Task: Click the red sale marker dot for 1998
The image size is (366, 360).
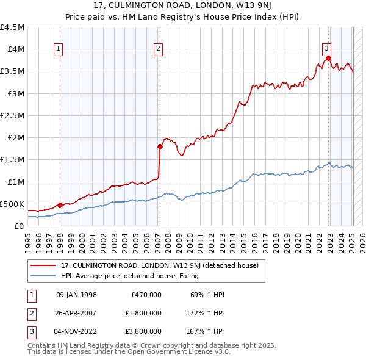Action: point(60,205)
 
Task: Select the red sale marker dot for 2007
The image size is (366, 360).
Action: point(160,146)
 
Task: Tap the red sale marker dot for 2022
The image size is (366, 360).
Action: point(328,59)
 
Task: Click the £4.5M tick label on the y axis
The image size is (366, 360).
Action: point(12,27)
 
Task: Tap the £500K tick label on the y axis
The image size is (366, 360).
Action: point(12,204)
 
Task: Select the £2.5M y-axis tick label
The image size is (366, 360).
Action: point(12,115)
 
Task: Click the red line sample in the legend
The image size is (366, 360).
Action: point(43,265)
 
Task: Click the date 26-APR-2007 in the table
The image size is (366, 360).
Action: point(76,313)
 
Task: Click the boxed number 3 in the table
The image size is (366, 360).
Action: point(31,331)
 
